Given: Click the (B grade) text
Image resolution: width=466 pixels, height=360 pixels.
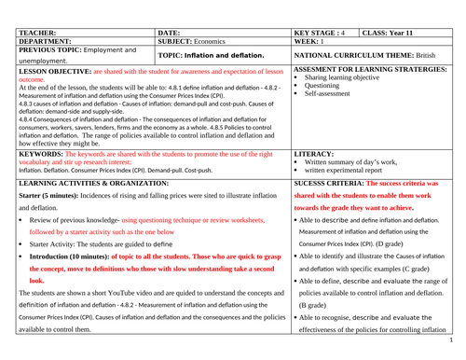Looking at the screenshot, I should pos(319,304).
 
